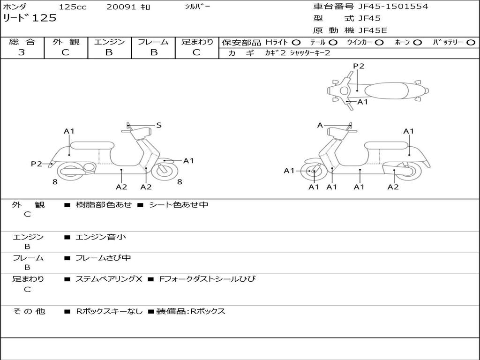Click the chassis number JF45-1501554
(393, 7)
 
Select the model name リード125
(30, 18)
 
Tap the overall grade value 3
(22, 52)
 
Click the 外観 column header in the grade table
(66, 42)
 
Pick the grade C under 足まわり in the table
(196, 52)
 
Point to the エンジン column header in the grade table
(109, 42)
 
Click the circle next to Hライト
(296, 42)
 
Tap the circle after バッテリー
(471, 42)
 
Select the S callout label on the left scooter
(159, 125)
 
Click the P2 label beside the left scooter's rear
(36, 164)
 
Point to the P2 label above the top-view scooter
(359, 66)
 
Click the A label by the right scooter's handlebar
(320, 125)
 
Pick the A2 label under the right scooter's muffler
(393, 187)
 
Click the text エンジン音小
(101, 237)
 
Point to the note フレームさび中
(103, 258)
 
